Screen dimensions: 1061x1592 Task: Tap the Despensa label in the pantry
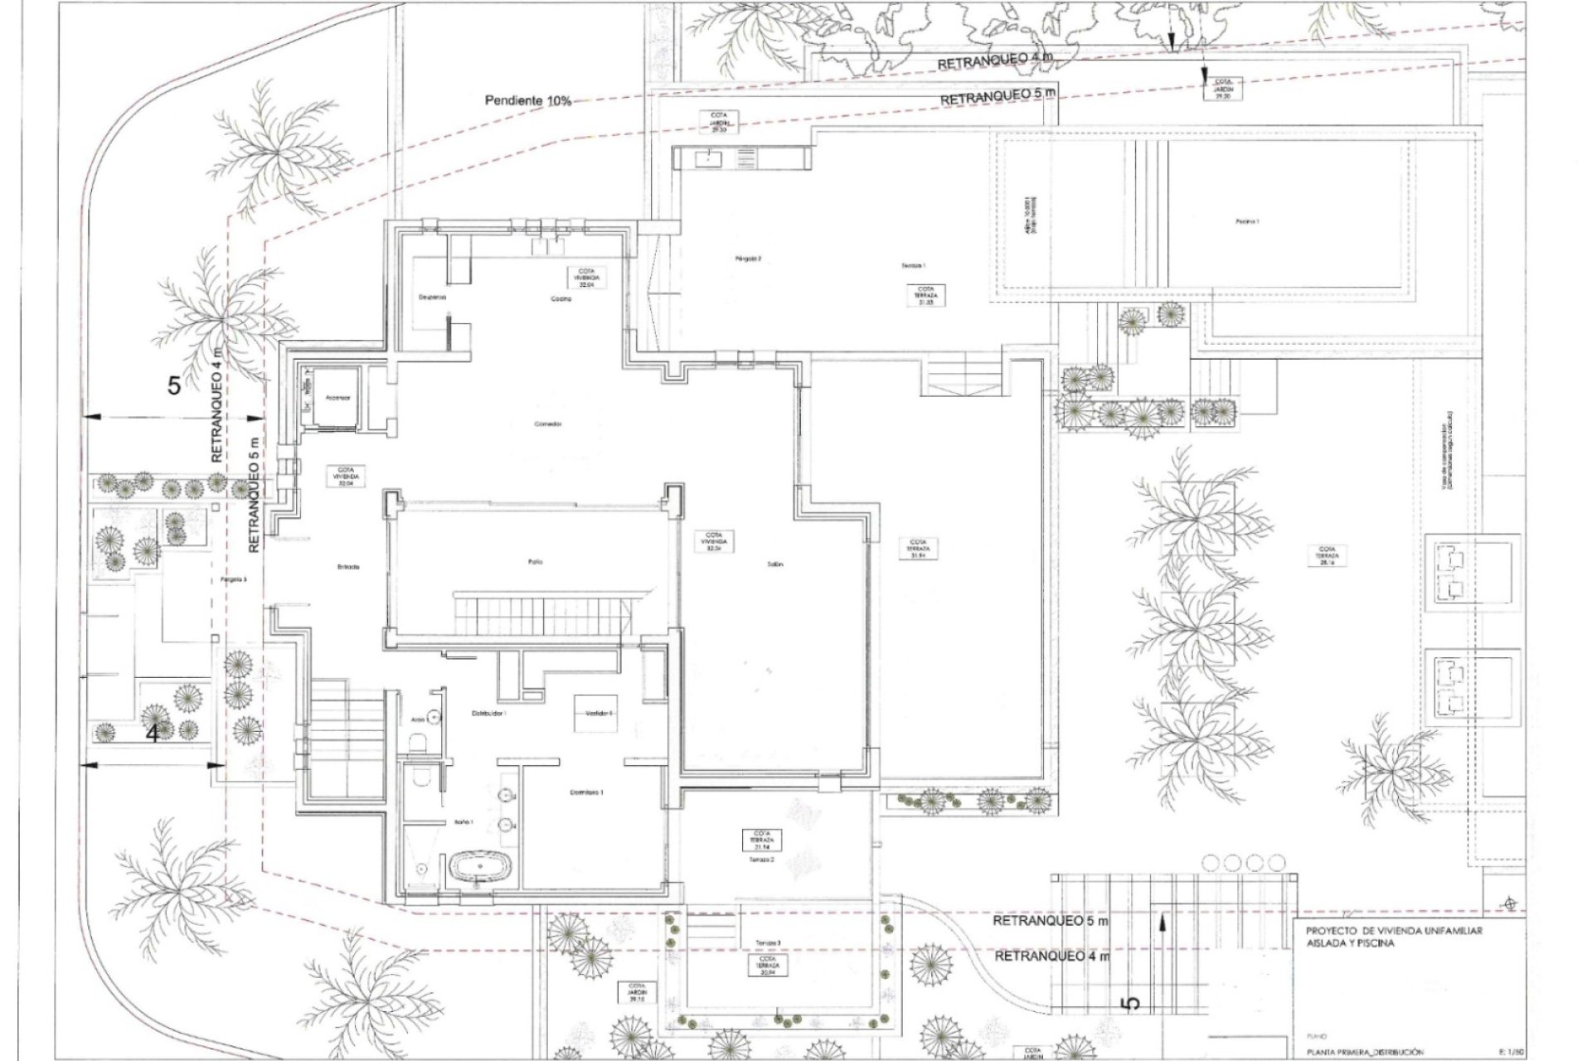[x=432, y=296]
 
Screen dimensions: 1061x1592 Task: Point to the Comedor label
[x=548, y=424]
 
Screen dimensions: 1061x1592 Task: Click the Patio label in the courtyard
[x=535, y=562]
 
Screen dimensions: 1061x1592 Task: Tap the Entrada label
[x=348, y=567]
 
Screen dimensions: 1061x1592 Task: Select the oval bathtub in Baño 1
[x=481, y=868]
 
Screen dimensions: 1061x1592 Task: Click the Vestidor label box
[x=598, y=712]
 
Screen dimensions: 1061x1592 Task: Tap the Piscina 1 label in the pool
[x=1245, y=221]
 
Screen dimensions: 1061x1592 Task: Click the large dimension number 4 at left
[x=152, y=734]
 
